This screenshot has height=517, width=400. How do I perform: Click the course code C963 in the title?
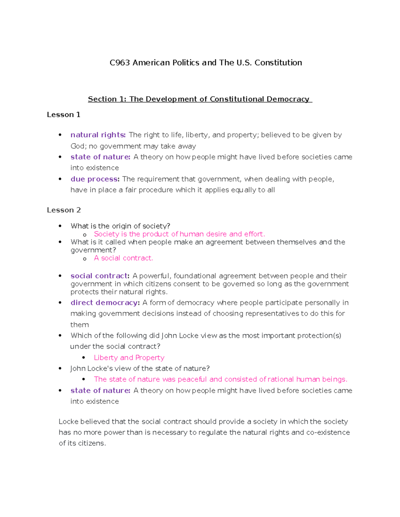pyautogui.click(x=120, y=63)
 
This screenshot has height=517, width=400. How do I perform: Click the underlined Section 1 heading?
pyautogui.click(x=199, y=99)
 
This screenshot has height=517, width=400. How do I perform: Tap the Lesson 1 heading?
pyautogui.click(x=63, y=115)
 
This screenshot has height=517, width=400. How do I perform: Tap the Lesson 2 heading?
pyautogui.click(x=64, y=210)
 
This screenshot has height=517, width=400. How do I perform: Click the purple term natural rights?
pyautogui.click(x=98, y=135)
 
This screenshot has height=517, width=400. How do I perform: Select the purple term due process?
pyautogui.click(x=95, y=179)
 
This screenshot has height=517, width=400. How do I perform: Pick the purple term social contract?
pyautogui.click(x=100, y=276)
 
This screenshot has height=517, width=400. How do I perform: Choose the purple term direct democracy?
pyautogui.click(x=105, y=303)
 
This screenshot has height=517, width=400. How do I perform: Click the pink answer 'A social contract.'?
pyautogui.click(x=123, y=258)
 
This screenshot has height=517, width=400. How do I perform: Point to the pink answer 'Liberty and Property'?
pyautogui.click(x=129, y=358)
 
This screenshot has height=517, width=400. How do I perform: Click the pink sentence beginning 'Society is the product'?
pyautogui.click(x=179, y=234)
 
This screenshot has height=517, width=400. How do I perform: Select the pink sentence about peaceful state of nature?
pyautogui.click(x=220, y=379)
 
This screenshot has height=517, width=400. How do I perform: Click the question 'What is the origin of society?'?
pyautogui.click(x=120, y=226)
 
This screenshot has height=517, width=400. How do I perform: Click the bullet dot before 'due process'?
pyautogui.click(x=60, y=179)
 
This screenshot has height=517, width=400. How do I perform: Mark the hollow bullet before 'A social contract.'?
pyautogui.click(x=85, y=259)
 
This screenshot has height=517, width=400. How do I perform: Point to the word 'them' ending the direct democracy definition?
pyautogui.click(x=79, y=325)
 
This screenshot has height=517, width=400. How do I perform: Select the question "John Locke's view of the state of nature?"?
pyautogui.click(x=140, y=369)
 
